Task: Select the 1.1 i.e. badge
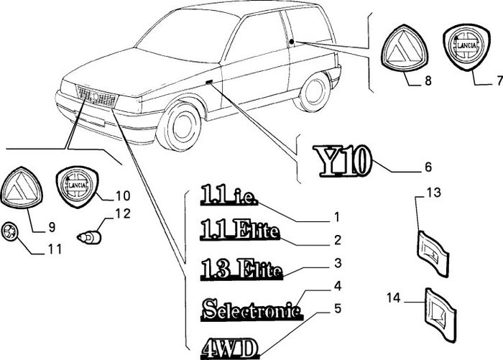(229, 195)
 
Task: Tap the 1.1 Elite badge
(239, 230)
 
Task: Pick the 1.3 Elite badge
(241, 269)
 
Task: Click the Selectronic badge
(252, 309)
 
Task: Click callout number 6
(428, 167)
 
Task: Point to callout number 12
(123, 213)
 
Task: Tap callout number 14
(394, 298)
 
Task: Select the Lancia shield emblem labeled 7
(467, 47)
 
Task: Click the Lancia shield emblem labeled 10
(78, 187)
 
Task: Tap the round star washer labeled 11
(10, 231)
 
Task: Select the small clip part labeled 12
(90, 237)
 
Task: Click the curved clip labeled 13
(433, 254)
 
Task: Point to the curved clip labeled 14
(440, 314)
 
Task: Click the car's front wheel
(180, 124)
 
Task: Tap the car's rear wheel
(312, 92)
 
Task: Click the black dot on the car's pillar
(292, 42)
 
